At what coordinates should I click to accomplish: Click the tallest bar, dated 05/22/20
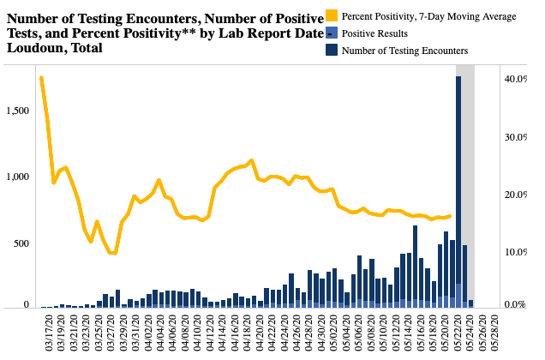458,189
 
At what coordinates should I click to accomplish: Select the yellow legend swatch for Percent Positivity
332,16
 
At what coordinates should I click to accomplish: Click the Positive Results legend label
374,33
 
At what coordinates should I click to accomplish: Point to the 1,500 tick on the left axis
17,111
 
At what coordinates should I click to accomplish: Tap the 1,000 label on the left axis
17,177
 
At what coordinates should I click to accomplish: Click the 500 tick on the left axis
21,243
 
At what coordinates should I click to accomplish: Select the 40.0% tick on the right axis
516,79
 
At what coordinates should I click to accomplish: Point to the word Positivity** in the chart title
141,33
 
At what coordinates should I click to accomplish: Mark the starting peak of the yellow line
41,78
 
